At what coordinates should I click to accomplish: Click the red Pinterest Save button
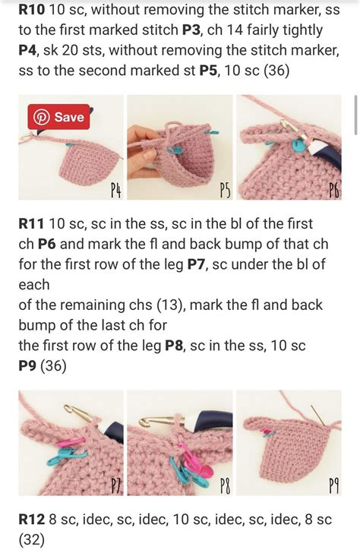[59, 118]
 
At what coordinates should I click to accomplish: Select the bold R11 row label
[32, 225]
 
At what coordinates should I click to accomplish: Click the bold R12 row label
[32, 520]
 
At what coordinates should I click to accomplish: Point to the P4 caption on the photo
[115, 190]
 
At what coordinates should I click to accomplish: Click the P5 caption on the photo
[225, 190]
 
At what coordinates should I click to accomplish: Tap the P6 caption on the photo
[333, 190]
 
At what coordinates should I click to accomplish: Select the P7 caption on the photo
[115, 485]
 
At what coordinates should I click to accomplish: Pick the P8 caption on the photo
[225, 485]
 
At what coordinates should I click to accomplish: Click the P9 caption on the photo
[333, 485]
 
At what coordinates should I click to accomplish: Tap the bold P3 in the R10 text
[191, 30]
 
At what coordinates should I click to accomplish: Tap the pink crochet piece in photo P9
[289, 452]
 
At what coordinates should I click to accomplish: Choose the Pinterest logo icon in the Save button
[41, 118]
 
